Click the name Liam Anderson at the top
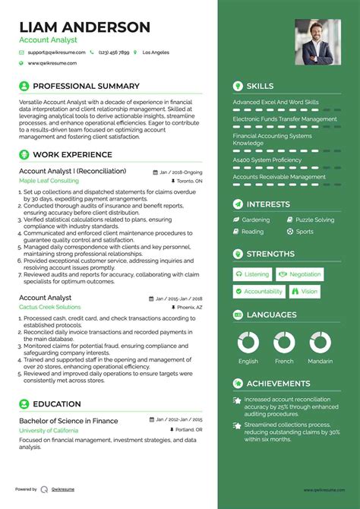[x=84, y=27]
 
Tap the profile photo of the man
[x=318, y=41]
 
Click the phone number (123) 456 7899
[x=114, y=52]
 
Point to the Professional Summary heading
[x=85, y=87]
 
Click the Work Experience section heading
[x=71, y=155]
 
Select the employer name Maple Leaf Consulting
[x=49, y=182]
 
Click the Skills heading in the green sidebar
[x=260, y=87]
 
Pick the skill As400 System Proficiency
[x=267, y=160]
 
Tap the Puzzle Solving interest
[x=314, y=220]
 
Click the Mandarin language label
[x=320, y=362]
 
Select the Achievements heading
[x=278, y=384]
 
